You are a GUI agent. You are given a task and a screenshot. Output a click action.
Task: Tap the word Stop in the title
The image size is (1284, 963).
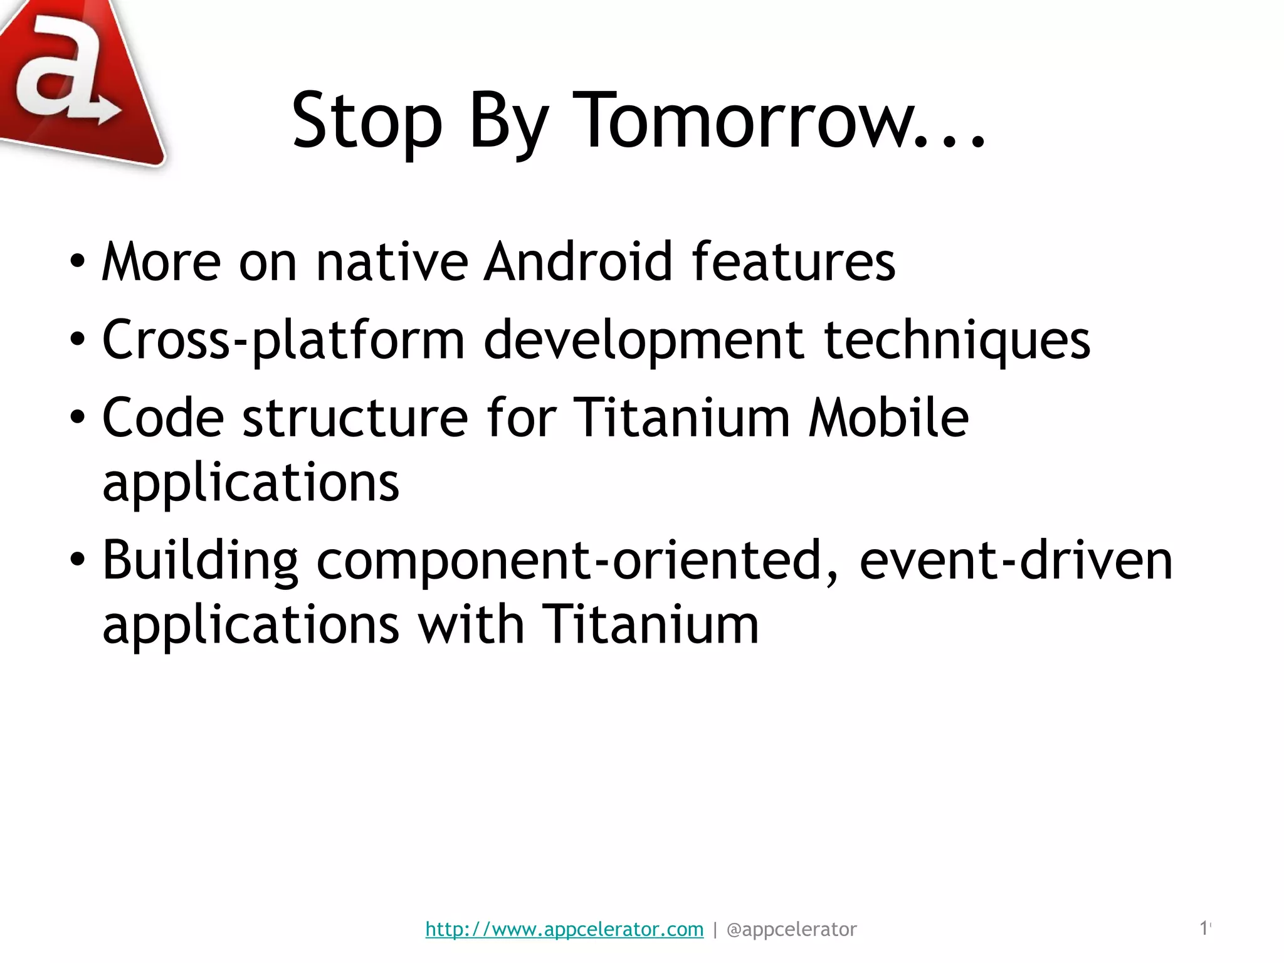tap(367, 122)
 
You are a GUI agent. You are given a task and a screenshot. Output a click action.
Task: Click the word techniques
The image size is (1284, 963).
tap(957, 340)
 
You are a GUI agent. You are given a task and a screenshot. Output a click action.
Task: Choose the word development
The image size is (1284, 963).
tap(643, 340)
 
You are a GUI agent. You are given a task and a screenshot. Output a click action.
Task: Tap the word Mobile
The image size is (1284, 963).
tap(888, 418)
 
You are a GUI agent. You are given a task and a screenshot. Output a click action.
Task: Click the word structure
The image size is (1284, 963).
tap(355, 418)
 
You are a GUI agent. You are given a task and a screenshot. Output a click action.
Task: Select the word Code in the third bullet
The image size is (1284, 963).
tap(163, 418)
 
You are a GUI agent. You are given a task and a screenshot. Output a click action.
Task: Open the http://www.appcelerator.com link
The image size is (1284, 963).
tap(564, 929)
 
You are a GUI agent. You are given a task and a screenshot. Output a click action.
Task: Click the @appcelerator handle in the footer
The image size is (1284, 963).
tap(791, 929)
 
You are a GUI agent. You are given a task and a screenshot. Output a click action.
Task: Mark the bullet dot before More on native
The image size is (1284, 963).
tap(76, 262)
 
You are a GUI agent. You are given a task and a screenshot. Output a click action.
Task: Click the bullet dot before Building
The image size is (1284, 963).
tap(76, 559)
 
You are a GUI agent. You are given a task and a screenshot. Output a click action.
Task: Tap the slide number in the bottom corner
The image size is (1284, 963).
tap(1204, 928)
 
